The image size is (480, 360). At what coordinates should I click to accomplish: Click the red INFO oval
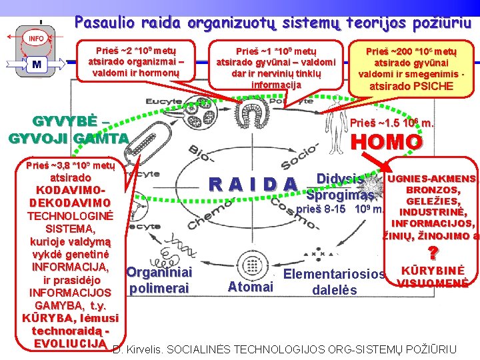pyautogui.click(x=36, y=39)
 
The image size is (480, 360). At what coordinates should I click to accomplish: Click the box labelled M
pyautogui.click(x=36, y=65)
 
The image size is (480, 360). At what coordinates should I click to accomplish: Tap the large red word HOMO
pyautogui.click(x=386, y=142)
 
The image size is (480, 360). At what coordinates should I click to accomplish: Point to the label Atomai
pyautogui.click(x=250, y=287)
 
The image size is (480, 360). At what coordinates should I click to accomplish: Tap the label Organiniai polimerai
pyautogui.click(x=159, y=281)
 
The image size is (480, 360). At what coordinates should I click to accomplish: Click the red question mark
pyautogui.click(x=432, y=254)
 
